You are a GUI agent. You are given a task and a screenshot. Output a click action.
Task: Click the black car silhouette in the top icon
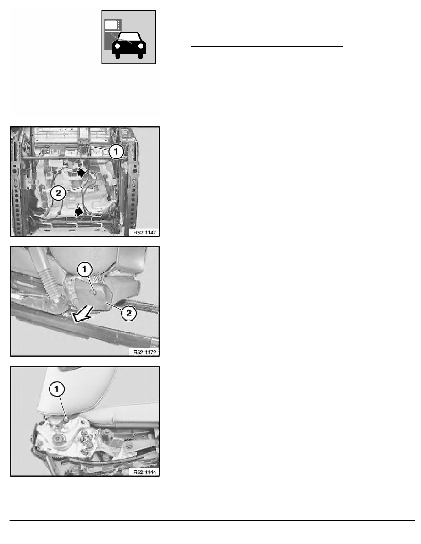pos(129,45)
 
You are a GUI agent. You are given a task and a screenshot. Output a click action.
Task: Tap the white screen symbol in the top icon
pos(111,25)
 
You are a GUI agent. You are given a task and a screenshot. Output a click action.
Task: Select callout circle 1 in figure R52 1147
pos(116,152)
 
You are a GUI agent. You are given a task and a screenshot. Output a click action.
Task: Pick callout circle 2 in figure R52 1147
pos(58,193)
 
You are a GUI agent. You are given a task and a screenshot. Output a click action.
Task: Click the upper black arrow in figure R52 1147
pos(81,173)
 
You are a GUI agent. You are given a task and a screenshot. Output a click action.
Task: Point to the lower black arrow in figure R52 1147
pos(79,211)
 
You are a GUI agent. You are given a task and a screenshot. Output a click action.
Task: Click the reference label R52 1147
pos(145,233)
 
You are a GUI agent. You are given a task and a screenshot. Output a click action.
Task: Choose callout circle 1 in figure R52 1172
pos(84,270)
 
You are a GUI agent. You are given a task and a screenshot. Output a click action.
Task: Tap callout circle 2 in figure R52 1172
pos(128,313)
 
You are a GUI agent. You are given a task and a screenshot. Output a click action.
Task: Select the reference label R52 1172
pos(145,352)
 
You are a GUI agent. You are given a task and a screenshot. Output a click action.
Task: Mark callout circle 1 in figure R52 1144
pos(57,389)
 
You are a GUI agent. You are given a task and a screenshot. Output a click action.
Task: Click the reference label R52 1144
pos(145,472)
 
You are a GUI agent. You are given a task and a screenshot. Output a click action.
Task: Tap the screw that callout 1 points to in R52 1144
pos(66,420)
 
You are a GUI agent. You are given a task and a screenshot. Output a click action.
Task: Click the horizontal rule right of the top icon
pos(267,46)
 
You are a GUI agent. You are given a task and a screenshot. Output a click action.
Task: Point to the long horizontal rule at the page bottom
pos(212,520)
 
